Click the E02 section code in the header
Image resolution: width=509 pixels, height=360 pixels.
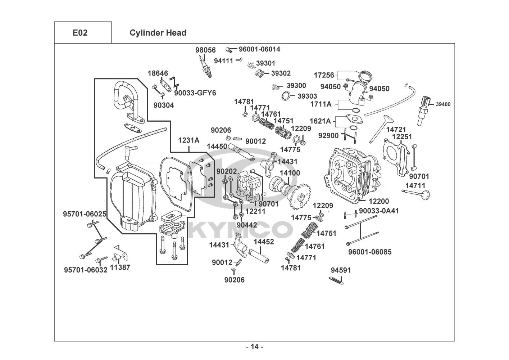tap(80, 33)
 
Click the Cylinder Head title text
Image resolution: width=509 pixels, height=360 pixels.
tap(158, 33)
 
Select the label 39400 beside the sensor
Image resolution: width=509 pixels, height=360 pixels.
tap(443, 104)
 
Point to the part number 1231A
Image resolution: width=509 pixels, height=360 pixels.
tap(189, 140)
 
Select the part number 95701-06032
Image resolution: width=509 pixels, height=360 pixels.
tap(86, 270)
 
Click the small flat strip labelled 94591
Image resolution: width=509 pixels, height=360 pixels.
tap(337, 280)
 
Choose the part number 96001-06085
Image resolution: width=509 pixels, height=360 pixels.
tap(370, 252)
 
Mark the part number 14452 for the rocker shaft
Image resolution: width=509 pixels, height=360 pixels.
tap(264, 242)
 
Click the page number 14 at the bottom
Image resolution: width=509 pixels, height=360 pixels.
tap(254, 347)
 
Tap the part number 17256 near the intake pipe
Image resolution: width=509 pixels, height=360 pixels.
tap(324, 75)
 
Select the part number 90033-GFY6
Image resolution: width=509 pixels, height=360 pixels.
tap(195, 93)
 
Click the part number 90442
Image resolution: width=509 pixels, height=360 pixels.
tap(246, 225)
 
